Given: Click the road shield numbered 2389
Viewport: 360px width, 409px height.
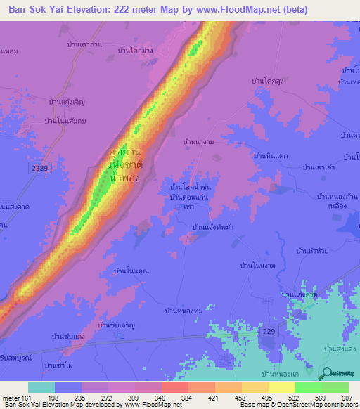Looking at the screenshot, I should pyautogui.click(x=39, y=169).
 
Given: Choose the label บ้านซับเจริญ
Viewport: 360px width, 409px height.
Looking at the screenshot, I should pyautogui.click(x=117, y=325).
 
